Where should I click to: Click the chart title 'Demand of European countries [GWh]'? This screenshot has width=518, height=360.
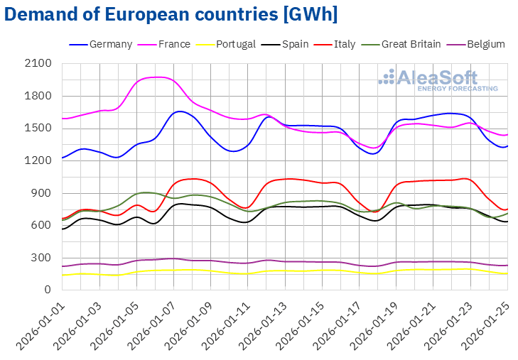171,14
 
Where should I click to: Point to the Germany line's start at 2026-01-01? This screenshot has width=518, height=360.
63,158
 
